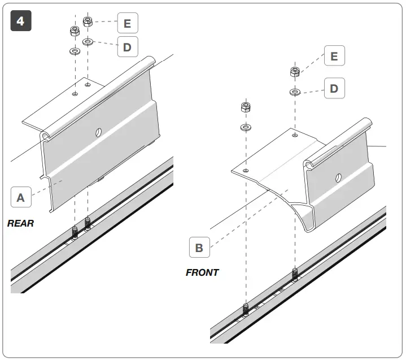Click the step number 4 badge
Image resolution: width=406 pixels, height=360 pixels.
point(21,21)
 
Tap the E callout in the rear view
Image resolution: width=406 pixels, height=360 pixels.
point(127,24)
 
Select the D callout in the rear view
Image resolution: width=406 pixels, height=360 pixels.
point(127,47)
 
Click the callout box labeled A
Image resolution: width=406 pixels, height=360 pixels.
point(21,197)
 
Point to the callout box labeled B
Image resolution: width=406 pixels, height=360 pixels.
point(199,248)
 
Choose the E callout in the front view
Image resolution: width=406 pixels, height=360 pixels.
point(334,57)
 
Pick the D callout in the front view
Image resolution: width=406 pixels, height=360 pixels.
point(334,89)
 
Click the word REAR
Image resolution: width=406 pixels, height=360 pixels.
point(20,223)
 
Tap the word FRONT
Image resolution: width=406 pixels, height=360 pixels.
point(202,272)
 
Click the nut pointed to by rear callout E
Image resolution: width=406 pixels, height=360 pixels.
point(88,21)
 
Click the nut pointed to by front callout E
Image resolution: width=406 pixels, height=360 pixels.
point(294,72)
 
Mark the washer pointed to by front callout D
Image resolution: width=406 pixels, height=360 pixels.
point(294,92)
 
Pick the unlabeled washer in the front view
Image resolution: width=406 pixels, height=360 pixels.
point(246,127)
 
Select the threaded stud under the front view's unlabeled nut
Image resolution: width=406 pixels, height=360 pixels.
point(246,310)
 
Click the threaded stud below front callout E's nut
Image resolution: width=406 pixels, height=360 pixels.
point(294,275)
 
